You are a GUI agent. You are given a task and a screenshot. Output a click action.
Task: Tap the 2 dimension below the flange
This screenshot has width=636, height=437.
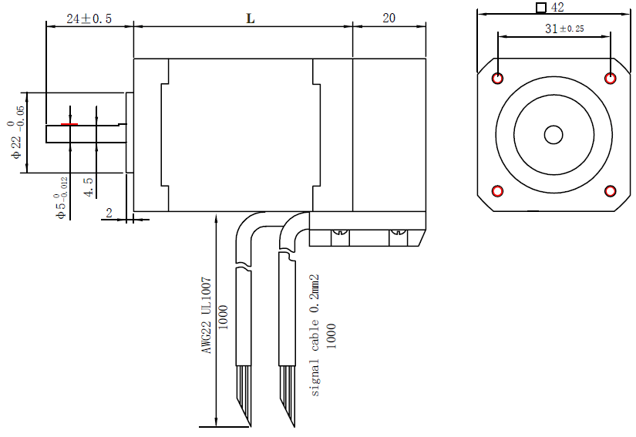coord(109,212)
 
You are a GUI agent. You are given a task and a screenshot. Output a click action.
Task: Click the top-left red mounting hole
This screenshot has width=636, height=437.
coord(497,78)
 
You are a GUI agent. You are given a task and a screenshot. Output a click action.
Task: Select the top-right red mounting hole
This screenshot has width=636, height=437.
coord(611,78)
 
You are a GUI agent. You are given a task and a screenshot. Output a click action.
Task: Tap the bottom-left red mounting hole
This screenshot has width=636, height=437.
coord(497,190)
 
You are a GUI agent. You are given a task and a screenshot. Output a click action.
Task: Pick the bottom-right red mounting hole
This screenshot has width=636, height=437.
coord(611,190)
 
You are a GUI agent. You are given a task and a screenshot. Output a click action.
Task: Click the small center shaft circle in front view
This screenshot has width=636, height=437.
coord(554,134)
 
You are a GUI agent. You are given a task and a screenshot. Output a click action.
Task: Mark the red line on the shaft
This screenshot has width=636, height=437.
coord(69,124)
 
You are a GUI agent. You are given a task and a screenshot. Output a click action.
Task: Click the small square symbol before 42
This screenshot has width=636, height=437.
coord(541,8)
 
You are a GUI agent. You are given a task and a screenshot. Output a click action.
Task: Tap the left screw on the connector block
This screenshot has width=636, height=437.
coord(340,231)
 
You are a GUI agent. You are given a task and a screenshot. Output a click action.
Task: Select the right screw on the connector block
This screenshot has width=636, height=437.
coord(398,231)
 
